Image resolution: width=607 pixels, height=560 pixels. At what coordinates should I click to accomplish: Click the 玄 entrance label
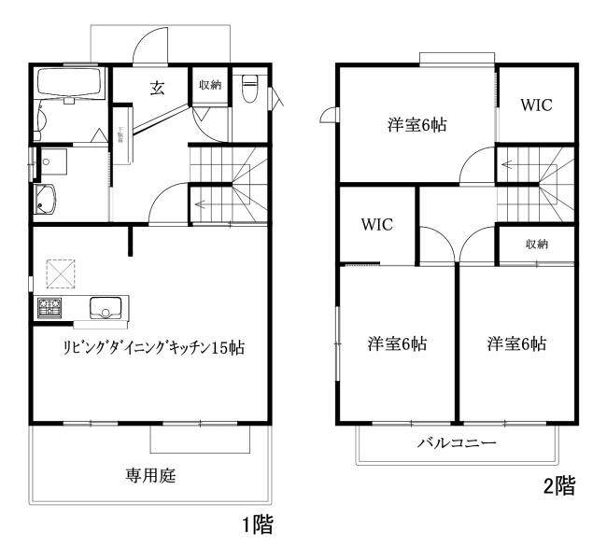pyautogui.click(x=158, y=89)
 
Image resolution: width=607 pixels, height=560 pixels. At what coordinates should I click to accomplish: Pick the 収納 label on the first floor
pyautogui.click(x=209, y=85)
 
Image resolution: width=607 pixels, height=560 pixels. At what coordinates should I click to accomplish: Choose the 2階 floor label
pyautogui.click(x=559, y=486)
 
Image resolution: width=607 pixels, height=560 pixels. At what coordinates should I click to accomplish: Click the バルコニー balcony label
pyautogui.click(x=457, y=442)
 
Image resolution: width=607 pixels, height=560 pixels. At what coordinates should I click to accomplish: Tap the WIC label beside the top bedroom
pyautogui.click(x=536, y=105)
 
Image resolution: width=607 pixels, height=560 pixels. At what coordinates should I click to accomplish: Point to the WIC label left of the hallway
pyautogui.click(x=376, y=225)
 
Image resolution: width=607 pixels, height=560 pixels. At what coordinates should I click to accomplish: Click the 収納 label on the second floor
pyautogui.click(x=536, y=245)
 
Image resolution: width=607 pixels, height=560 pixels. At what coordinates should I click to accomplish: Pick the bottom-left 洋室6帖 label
pyautogui.click(x=397, y=344)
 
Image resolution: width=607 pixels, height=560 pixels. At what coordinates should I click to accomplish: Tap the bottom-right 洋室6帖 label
pyautogui.click(x=515, y=344)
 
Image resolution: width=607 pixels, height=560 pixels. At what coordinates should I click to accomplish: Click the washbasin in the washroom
pyautogui.click(x=45, y=199)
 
